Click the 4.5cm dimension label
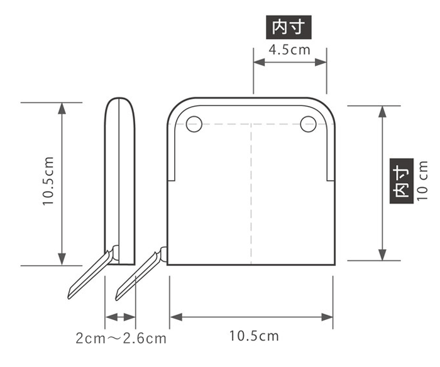[290, 49]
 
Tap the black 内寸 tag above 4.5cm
[290, 27]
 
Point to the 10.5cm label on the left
[48, 182]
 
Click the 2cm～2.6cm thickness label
[121, 339]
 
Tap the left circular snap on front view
[194, 124]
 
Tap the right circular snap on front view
[307, 124]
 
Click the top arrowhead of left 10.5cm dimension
[62, 108]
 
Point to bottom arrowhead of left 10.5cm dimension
[62, 258]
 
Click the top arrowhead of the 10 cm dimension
[382, 112]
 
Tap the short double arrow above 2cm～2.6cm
[120, 317]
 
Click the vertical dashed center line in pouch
[252, 194]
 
